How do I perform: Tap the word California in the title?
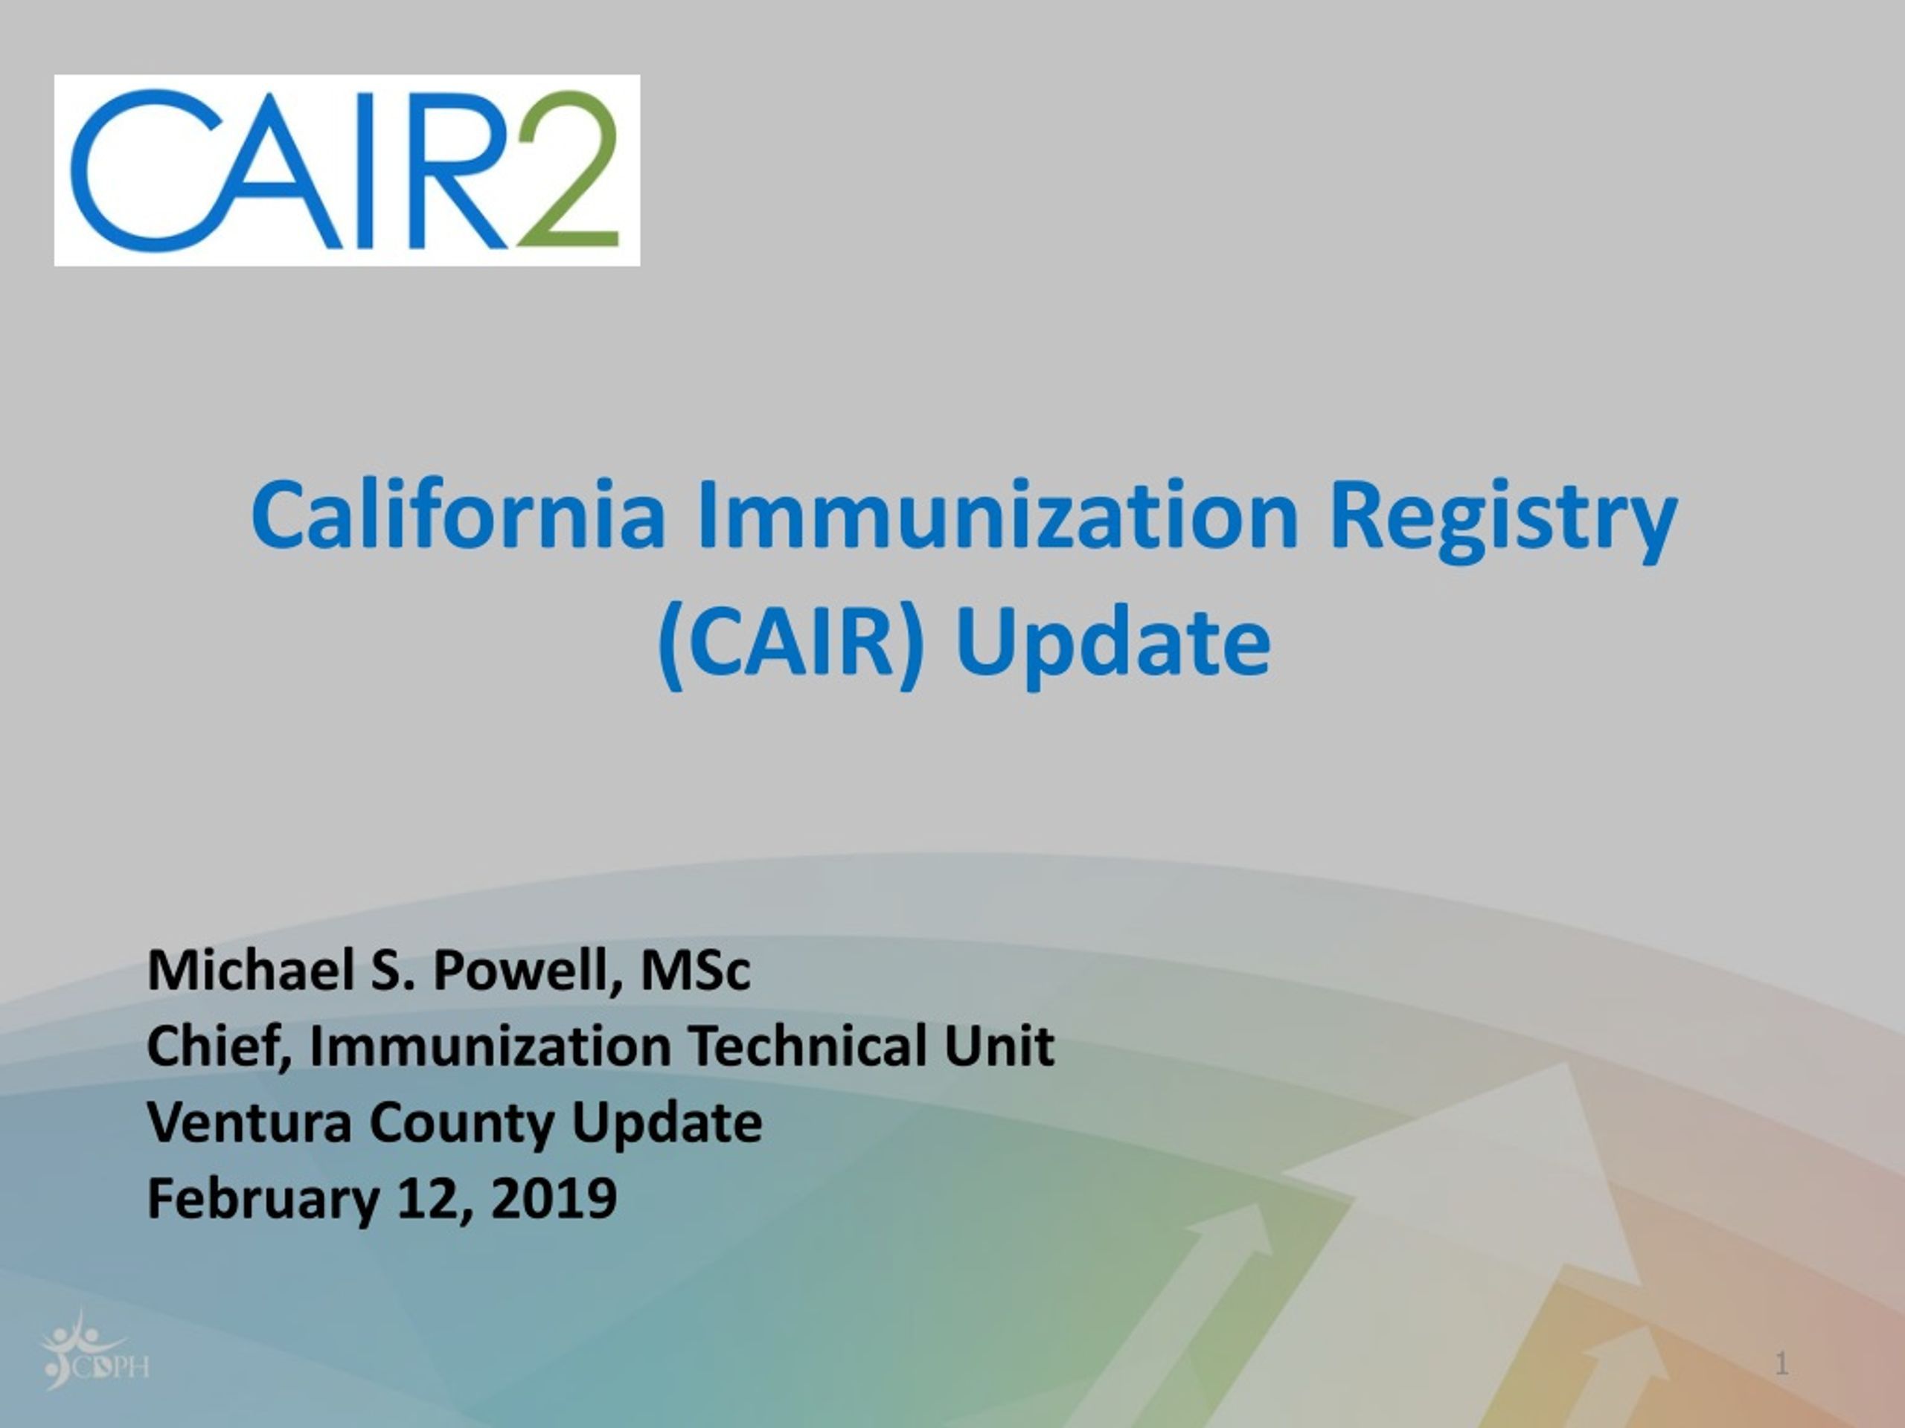click(458, 515)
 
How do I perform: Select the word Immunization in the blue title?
click(997, 515)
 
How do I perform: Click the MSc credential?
click(695, 971)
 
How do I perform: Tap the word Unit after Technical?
click(999, 1046)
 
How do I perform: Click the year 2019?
click(553, 1198)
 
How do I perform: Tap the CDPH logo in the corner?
click(95, 1349)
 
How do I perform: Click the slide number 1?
click(1782, 1364)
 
